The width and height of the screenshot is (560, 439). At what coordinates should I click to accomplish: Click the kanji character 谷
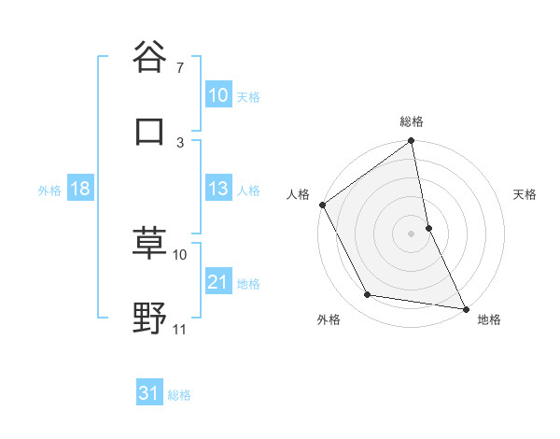[149, 58]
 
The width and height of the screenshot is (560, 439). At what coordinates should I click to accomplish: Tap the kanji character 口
[149, 132]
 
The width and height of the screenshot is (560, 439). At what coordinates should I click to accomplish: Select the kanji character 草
[149, 244]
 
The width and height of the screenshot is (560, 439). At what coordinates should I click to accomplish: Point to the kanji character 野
[149, 319]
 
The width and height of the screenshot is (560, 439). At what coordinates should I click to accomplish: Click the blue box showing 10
[217, 95]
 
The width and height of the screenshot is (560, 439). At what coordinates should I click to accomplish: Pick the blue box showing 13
[217, 190]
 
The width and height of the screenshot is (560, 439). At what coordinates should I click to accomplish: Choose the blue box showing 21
[217, 282]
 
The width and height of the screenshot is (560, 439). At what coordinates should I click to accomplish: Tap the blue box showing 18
[79, 190]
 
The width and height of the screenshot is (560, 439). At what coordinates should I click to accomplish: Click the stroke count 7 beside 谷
[179, 68]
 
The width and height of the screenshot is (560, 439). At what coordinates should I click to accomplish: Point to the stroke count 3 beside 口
[180, 142]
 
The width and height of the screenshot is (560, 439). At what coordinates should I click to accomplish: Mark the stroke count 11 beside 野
[180, 330]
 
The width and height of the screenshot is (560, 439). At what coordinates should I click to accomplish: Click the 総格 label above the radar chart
[412, 121]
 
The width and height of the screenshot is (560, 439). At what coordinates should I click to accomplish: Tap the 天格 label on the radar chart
[525, 194]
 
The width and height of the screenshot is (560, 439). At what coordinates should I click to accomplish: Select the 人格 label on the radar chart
[297, 194]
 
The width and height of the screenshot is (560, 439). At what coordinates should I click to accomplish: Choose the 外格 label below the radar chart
[329, 319]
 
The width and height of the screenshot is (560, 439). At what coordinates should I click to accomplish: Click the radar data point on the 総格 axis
[412, 142]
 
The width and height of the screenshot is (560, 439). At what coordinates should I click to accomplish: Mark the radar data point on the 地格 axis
[465, 307]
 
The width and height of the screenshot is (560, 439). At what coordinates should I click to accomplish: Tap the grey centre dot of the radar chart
[412, 234]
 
